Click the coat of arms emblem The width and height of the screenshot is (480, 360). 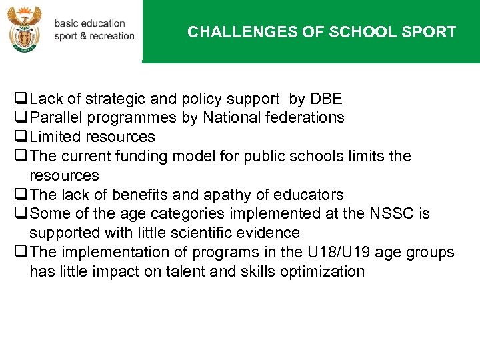[25, 29]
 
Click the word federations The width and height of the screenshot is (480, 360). [308, 118]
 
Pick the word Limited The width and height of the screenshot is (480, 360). [53, 137]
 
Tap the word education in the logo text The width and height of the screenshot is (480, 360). [102, 23]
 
